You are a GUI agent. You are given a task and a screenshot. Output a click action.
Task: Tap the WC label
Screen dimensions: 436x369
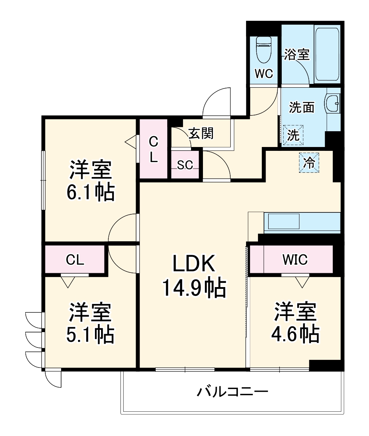tap(264, 74)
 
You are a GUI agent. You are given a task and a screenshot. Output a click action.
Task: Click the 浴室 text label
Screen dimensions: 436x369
tap(297, 55)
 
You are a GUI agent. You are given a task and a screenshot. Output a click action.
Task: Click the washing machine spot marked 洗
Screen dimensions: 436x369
tap(293, 135)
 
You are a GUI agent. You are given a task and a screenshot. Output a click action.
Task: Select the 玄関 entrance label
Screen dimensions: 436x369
tap(201, 134)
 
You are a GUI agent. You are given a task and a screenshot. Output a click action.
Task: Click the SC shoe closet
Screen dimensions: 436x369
tap(185, 164)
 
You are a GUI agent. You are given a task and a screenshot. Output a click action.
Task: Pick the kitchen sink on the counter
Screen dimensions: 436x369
tap(283, 222)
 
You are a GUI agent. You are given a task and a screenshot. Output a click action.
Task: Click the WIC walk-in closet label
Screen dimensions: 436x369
tap(295, 260)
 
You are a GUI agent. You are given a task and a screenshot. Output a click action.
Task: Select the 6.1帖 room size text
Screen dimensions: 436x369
tap(90, 193)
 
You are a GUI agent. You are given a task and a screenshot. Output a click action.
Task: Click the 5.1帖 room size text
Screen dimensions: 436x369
tap(90, 335)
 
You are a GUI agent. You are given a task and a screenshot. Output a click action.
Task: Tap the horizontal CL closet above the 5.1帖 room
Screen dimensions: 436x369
tap(75, 260)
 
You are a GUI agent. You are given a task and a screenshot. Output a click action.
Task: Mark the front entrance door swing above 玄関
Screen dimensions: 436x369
tap(217, 102)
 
